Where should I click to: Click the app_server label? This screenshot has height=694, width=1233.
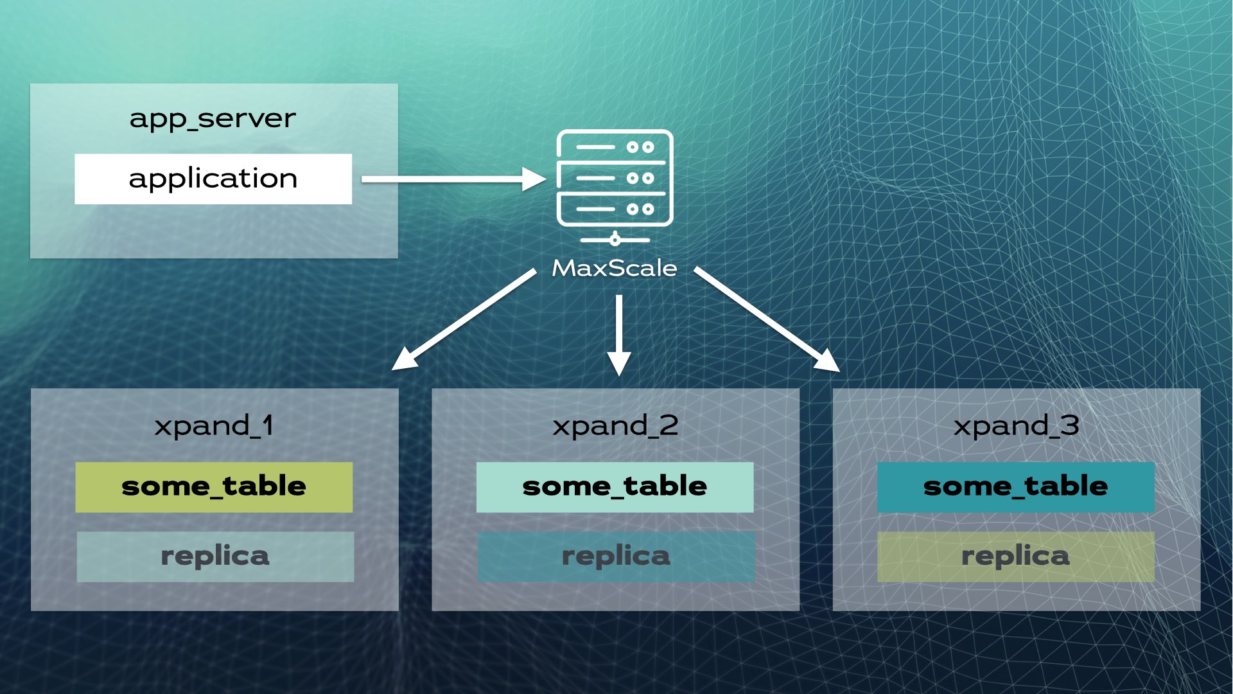click(x=213, y=119)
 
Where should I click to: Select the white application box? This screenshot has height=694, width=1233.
click(x=213, y=179)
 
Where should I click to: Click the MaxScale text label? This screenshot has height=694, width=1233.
click(x=615, y=268)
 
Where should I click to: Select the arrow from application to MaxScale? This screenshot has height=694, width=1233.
click(x=453, y=179)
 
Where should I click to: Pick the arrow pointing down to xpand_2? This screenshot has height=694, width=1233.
click(x=619, y=334)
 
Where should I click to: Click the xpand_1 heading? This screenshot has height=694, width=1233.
click(x=214, y=425)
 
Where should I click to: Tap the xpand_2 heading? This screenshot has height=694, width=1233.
click(x=615, y=425)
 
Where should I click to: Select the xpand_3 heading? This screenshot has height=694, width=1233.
click(x=1016, y=425)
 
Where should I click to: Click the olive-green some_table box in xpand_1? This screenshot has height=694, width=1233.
click(x=214, y=487)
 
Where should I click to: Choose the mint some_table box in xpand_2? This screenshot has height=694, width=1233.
click(x=615, y=487)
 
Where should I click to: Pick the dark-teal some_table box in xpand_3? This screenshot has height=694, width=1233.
click(x=1015, y=487)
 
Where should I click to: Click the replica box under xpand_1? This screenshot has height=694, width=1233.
click(x=215, y=556)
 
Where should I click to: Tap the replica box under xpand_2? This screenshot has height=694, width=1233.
click(x=616, y=556)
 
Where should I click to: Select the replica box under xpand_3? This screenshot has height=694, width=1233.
click(x=1015, y=556)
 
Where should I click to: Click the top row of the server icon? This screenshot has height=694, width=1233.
click(x=615, y=147)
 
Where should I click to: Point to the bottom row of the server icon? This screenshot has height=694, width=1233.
click(x=615, y=209)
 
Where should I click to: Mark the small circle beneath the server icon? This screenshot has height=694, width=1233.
click(x=615, y=240)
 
